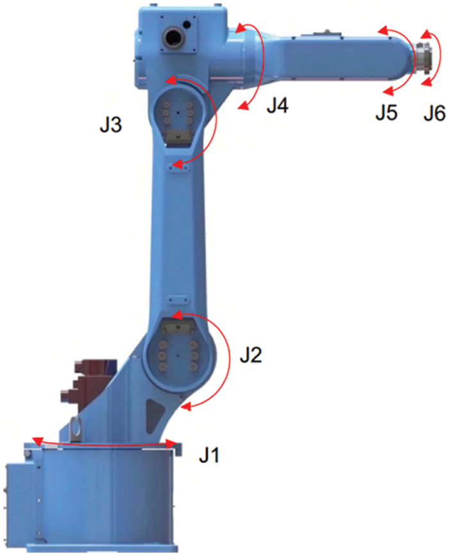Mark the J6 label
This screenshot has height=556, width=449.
434,114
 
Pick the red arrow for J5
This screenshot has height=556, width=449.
410,61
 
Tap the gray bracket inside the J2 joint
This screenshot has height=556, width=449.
178,327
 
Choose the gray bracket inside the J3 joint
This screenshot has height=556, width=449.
178,135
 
